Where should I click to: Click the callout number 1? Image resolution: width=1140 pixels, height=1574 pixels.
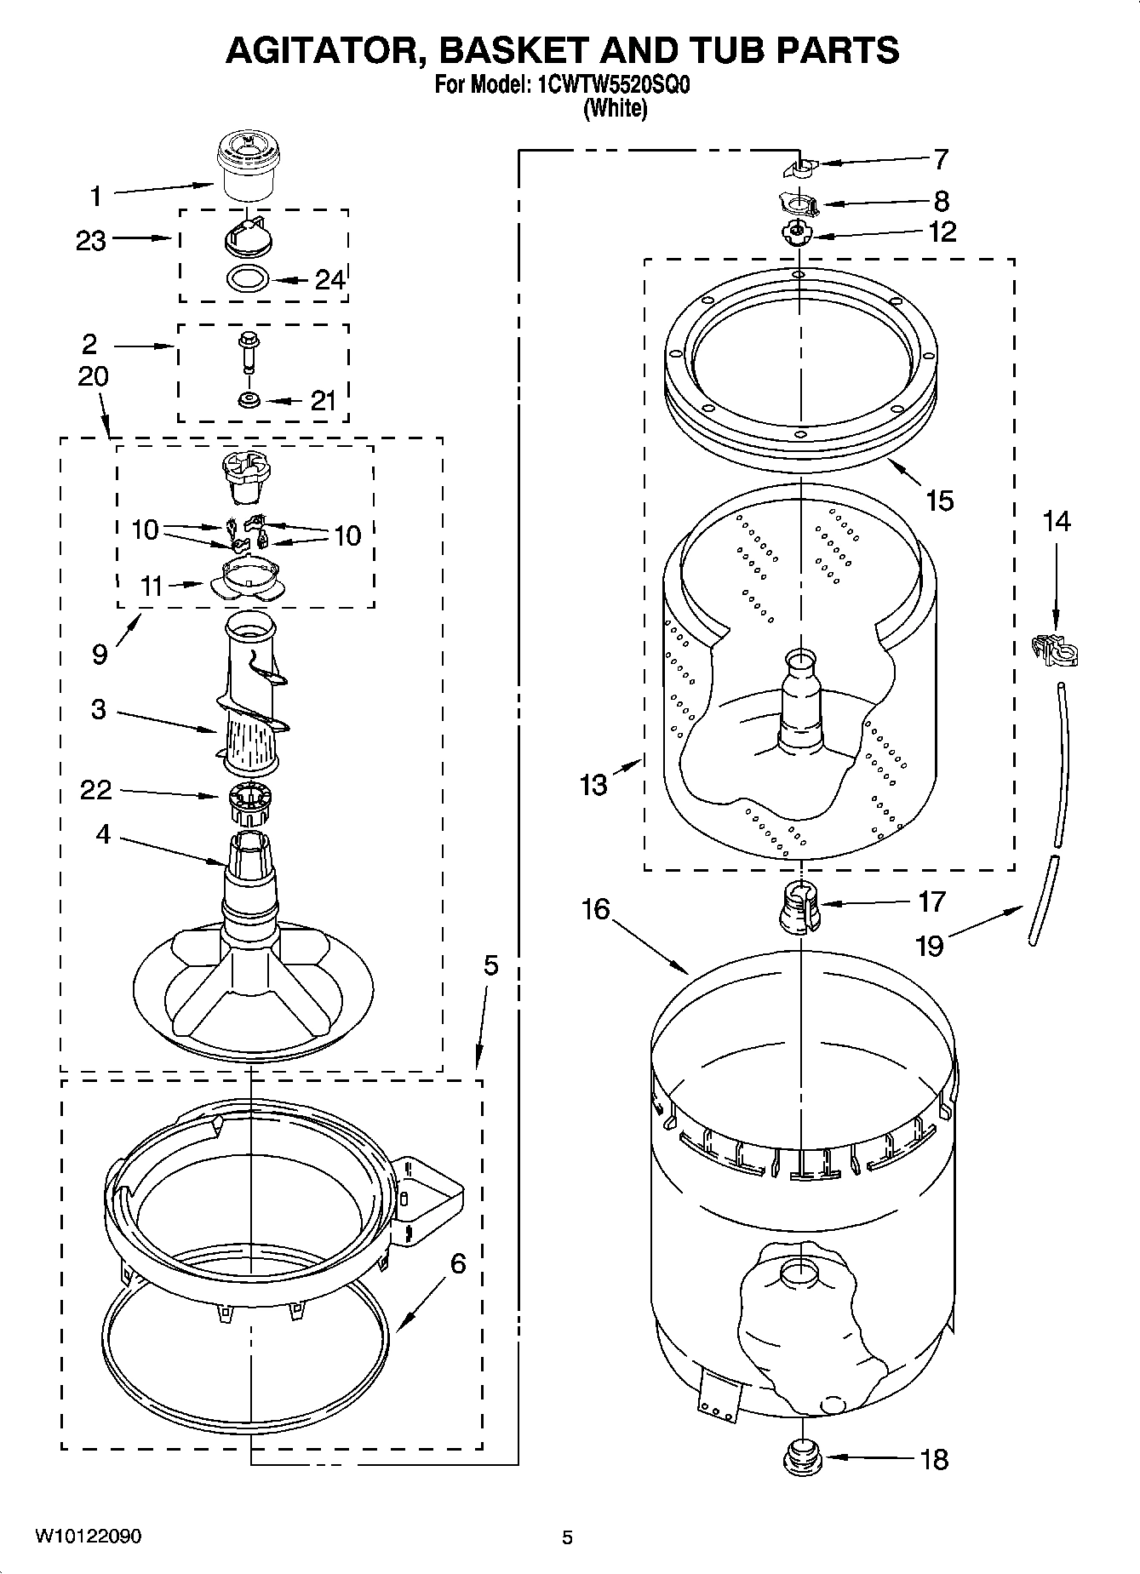[96, 197]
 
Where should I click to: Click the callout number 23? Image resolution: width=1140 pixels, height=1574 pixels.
[91, 241]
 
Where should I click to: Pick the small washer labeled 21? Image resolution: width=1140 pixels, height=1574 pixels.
[249, 400]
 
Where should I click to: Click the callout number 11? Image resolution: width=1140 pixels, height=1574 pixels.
[152, 586]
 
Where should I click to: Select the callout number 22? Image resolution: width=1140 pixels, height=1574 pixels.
[95, 790]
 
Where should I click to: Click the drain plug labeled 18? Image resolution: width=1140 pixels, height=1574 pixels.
[801, 1457]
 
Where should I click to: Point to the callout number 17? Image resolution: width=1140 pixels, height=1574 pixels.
[931, 901]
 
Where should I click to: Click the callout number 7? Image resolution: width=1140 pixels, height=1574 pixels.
[940, 159]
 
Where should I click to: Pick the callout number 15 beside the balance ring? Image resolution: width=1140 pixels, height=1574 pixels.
[940, 500]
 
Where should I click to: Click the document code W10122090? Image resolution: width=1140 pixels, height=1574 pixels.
[89, 1536]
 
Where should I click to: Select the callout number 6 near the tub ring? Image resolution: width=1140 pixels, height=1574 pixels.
[458, 1264]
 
